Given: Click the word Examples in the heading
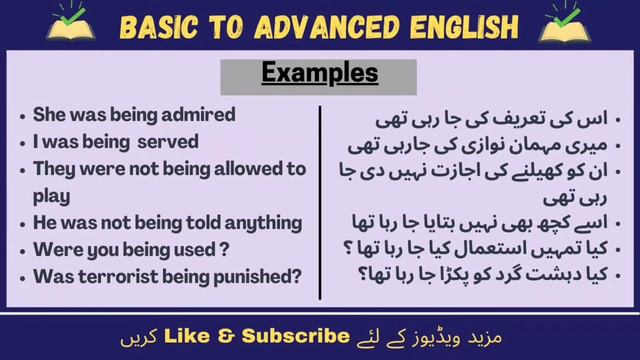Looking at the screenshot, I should pos(320,73).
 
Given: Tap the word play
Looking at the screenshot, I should pos(51,194).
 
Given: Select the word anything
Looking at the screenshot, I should pos(261,221).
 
